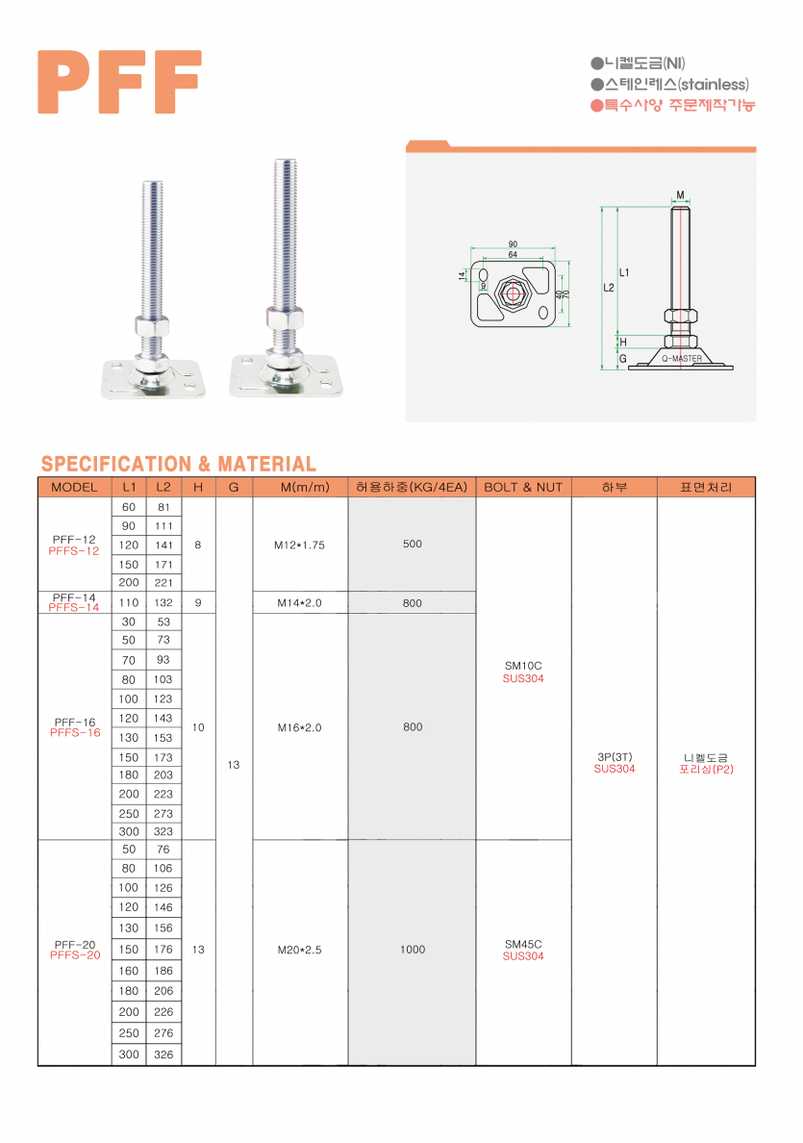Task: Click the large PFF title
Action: coord(119,82)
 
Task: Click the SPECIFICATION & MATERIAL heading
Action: coord(179,464)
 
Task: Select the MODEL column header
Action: coord(74,487)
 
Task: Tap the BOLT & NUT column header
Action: coord(523,487)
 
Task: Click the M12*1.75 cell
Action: coord(299,545)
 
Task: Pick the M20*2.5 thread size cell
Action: coord(299,950)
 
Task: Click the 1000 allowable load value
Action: coord(413,949)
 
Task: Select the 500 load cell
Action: coord(413,544)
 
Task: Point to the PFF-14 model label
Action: coord(74,597)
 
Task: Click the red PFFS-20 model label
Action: coord(75,955)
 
